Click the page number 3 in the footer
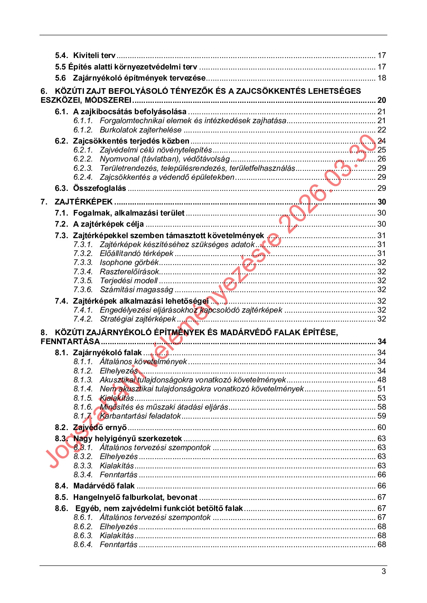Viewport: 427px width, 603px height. pyautogui.click(x=384, y=571)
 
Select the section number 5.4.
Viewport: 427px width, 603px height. pyautogui.click(x=61, y=56)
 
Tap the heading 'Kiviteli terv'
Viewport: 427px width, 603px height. pyautogui.click(x=94, y=56)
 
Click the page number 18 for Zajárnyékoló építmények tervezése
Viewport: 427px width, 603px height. pyautogui.click(x=381, y=78)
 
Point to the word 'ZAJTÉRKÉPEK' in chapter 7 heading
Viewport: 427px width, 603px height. pyautogui.click(x=84, y=202)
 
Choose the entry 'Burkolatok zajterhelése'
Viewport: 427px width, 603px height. pyautogui.click(x=141, y=130)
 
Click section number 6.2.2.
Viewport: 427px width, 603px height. pyautogui.click(x=83, y=159)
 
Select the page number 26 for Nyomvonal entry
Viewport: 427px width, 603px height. pyautogui.click(x=381, y=159)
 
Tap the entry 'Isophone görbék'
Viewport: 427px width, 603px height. pyautogui.click(x=129, y=262)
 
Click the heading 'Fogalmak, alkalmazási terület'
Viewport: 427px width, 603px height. pyautogui.click(x=129, y=213)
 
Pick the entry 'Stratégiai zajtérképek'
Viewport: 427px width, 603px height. pyautogui.click(x=138, y=319)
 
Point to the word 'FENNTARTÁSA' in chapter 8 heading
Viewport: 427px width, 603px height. pyautogui.click(x=70, y=342)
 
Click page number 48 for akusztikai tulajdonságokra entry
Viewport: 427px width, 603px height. pyautogui.click(x=381, y=380)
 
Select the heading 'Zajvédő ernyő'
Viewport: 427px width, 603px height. pyautogui.click(x=100, y=428)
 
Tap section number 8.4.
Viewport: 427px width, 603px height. pyautogui.click(x=61, y=486)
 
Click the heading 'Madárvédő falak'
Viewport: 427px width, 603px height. pyautogui.click(x=104, y=486)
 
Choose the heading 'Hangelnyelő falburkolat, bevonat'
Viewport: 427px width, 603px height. pyautogui.click(x=135, y=497)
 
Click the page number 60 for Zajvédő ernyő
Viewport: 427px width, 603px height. pyautogui.click(x=381, y=428)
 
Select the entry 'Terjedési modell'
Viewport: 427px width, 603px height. pyautogui.click(x=129, y=281)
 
